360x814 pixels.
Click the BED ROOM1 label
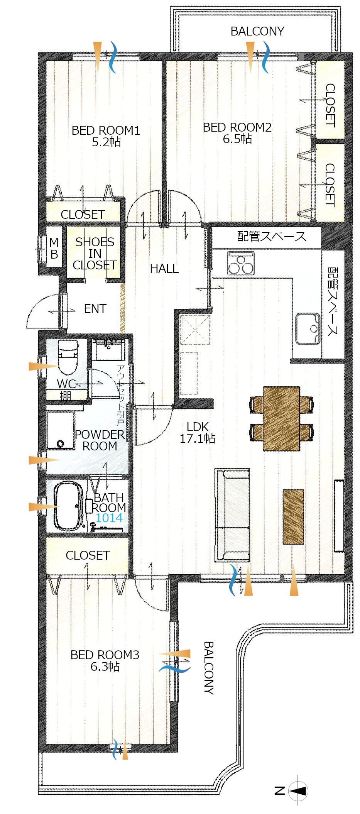tap(106, 130)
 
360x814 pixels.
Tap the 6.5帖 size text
tap(237, 139)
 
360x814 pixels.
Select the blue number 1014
tap(109, 518)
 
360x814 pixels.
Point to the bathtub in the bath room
tap(69, 506)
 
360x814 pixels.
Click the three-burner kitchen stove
tap(241, 263)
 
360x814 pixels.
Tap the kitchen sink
tap(308, 328)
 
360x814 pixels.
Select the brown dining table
tap(281, 418)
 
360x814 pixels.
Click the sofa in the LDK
tap(232, 515)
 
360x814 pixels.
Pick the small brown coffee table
tap(293, 517)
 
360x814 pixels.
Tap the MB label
tap(54, 249)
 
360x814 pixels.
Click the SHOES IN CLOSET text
tap(95, 254)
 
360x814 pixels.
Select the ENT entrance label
tap(95, 309)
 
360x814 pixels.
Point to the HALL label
tap(164, 269)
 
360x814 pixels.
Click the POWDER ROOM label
tap(100, 440)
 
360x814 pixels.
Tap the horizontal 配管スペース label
tap(272, 236)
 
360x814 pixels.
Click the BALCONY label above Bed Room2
tap(257, 31)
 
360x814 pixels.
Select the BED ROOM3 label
tap(105, 655)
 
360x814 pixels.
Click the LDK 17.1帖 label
tap(198, 432)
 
